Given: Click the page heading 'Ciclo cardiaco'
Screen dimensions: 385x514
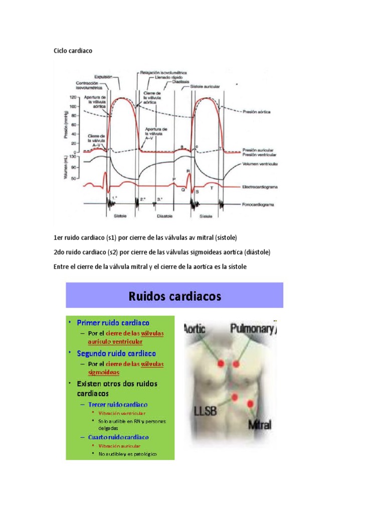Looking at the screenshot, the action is pos(73,51).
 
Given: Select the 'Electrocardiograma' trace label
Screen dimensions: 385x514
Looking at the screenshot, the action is pos(260,187).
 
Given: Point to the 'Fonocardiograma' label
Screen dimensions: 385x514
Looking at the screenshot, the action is pos(258,205).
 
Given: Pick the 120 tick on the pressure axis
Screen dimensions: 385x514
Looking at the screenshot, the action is pos(73,97).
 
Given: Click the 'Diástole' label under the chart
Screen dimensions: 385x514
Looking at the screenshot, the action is pos(165,216).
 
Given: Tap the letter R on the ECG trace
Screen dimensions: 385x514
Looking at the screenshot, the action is pos(188,172).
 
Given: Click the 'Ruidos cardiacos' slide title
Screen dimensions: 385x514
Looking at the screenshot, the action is pos(174,296).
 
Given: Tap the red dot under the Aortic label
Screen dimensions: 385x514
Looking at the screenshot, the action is pos(219,363).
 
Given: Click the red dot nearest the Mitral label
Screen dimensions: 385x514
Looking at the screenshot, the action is pos(250,404).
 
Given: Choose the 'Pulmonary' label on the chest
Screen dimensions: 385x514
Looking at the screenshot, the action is pos(252,329).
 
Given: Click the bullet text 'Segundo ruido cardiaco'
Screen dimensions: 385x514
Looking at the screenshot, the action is pos(116,353).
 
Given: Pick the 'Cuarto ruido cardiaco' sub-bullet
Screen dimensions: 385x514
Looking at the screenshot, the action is pos(118,437).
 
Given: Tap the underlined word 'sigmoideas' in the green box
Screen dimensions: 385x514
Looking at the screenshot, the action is pos(103,373).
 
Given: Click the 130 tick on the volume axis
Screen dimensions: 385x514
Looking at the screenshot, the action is pos(73,157).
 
